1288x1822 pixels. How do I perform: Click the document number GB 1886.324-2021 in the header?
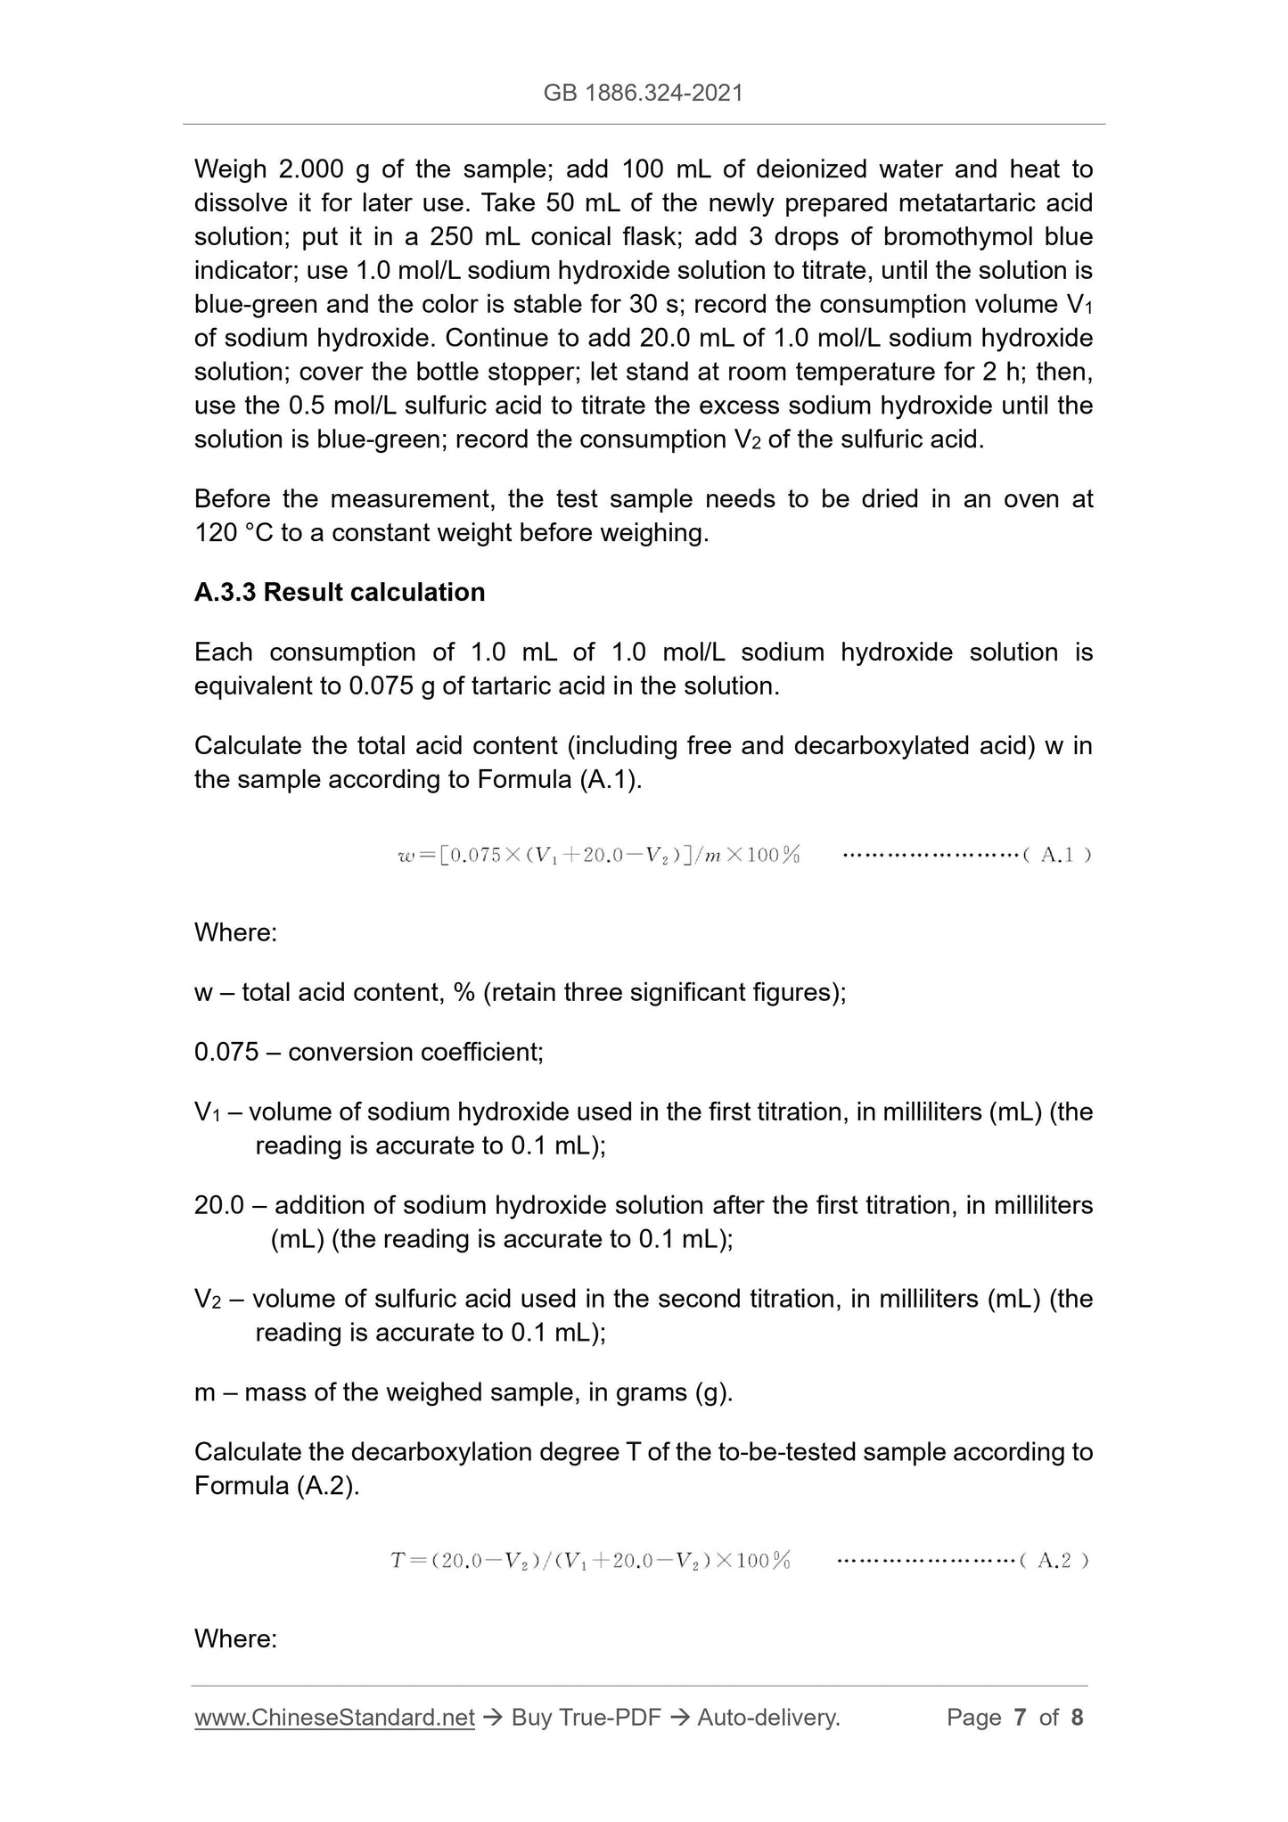(643, 93)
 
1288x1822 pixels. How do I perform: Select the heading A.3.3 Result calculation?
(340, 592)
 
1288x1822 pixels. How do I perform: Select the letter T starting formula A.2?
(398, 1561)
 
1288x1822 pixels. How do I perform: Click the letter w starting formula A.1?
(406, 857)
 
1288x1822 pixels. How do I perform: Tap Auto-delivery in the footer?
(768, 1717)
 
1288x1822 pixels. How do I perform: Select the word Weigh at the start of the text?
(230, 168)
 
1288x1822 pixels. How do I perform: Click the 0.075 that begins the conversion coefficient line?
(226, 1052)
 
